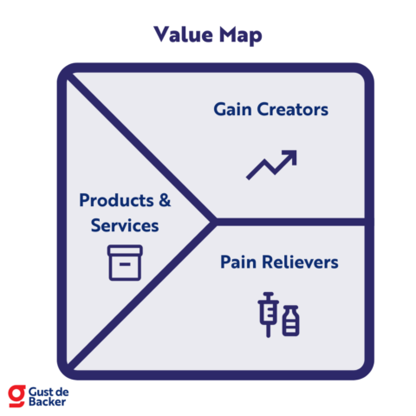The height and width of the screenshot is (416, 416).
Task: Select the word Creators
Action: (x=294, y=110)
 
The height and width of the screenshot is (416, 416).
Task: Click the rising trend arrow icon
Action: (x=271, y=164)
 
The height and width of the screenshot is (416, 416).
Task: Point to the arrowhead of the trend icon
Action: (x=290, y=155)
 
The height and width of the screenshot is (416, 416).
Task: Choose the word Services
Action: (x=125, y=225)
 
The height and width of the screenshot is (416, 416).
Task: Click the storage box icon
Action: (x=125, y=262)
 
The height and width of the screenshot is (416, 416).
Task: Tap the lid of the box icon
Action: (x=125, y=251)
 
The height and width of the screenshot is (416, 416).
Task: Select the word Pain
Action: (x=239, y=262)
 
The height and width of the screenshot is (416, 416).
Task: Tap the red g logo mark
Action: (x=16, y=395)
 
